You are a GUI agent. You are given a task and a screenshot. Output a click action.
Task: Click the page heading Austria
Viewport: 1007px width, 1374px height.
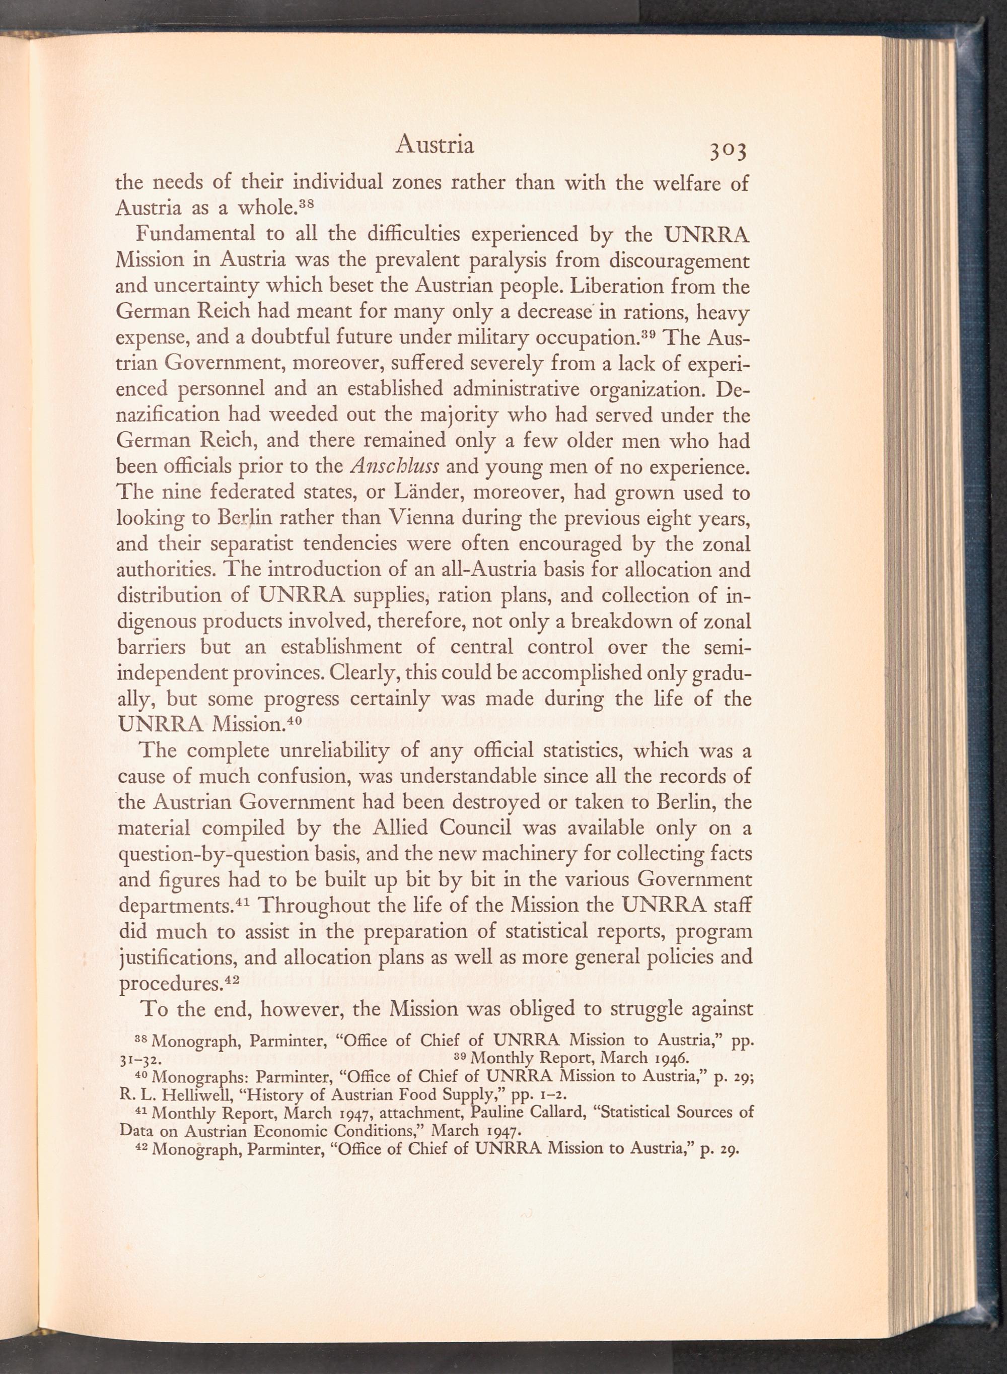point(435,145)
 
